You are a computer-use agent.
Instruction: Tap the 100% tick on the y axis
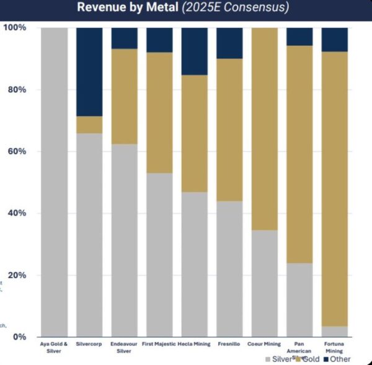pos(14,28)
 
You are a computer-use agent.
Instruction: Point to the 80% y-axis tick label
pos(16,90)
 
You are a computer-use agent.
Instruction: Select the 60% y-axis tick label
pos(16,152)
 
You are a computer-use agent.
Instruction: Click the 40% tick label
pos(16,213)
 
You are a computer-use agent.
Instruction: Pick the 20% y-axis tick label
pos(16,275)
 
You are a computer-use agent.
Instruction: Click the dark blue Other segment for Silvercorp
pos(89,72)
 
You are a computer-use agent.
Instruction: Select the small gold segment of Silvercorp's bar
pos(89,125)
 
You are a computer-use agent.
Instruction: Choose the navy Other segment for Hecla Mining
pos(194,51)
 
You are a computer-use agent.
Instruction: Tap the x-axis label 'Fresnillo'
pos(229,343)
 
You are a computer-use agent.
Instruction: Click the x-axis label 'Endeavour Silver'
pos(124,346)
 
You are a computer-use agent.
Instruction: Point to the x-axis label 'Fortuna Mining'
pos(335,346)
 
